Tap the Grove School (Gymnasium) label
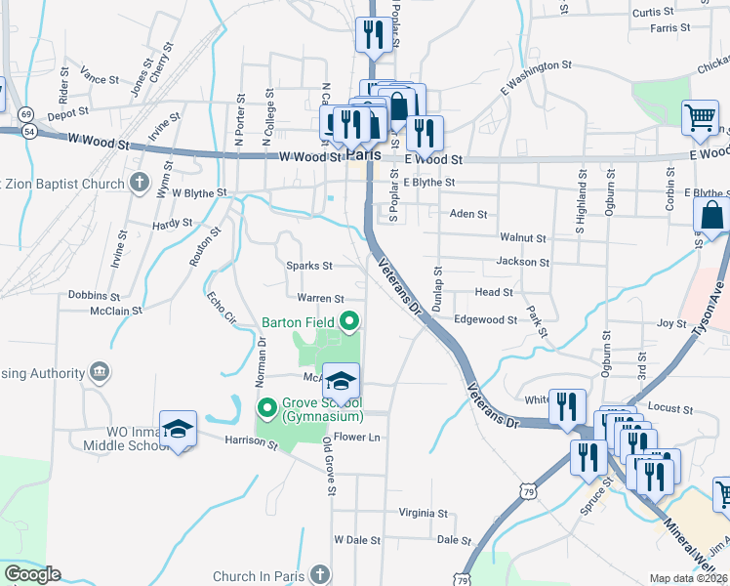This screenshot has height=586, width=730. (322, 410)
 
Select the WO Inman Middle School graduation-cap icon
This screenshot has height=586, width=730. (179, 429)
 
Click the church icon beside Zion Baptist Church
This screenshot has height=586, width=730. (140, 183)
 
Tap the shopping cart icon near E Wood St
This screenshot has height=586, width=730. (700, 118)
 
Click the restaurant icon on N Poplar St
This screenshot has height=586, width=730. (373, 35)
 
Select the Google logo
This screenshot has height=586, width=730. (32, 574)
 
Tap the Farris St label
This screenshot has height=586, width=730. (670, 28)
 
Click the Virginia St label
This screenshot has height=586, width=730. (424, 513)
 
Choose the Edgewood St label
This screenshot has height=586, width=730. (485, 319)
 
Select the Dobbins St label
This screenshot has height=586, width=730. (94, 295)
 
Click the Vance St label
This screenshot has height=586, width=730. (100, 78)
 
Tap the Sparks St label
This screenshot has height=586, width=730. (309, 266)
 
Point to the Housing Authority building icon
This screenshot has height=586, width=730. (99, 372)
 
